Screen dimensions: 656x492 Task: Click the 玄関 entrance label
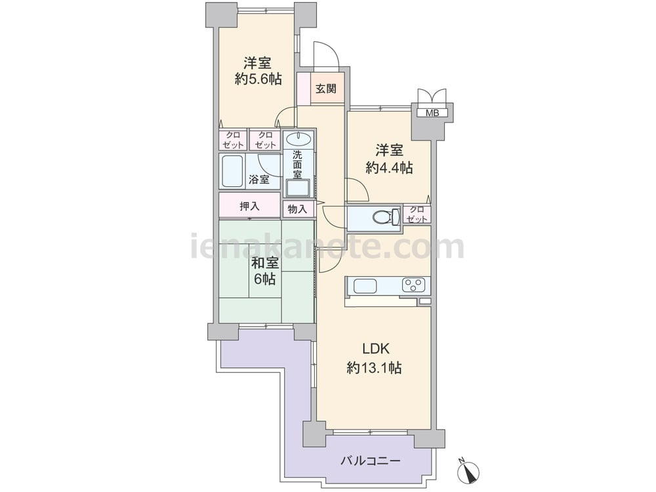pos(325,89)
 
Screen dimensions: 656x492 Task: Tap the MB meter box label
pos(432,113)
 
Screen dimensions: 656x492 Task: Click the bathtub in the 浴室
pos(233,171)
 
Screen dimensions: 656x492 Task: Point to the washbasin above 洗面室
pos(297,138)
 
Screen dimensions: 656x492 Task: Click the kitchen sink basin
pos(365,286)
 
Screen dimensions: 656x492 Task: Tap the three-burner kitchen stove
pos(414,285)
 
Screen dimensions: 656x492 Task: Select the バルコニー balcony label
pos(371,461)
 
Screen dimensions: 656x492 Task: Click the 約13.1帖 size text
pos(375,368)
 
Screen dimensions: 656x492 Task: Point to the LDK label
pos(376,348)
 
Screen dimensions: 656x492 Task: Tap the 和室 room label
pos(265,263)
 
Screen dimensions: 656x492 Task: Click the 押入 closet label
pos(249,206)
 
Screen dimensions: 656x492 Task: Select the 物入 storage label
pos(297,209)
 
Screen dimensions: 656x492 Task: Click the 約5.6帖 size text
pos(258,79)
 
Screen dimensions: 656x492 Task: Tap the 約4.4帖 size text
pos(389,168)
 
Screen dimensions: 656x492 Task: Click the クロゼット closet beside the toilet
pos(417,215)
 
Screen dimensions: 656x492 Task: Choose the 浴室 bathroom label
pos(259,180)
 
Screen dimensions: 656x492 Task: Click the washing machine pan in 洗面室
pos(297,188)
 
